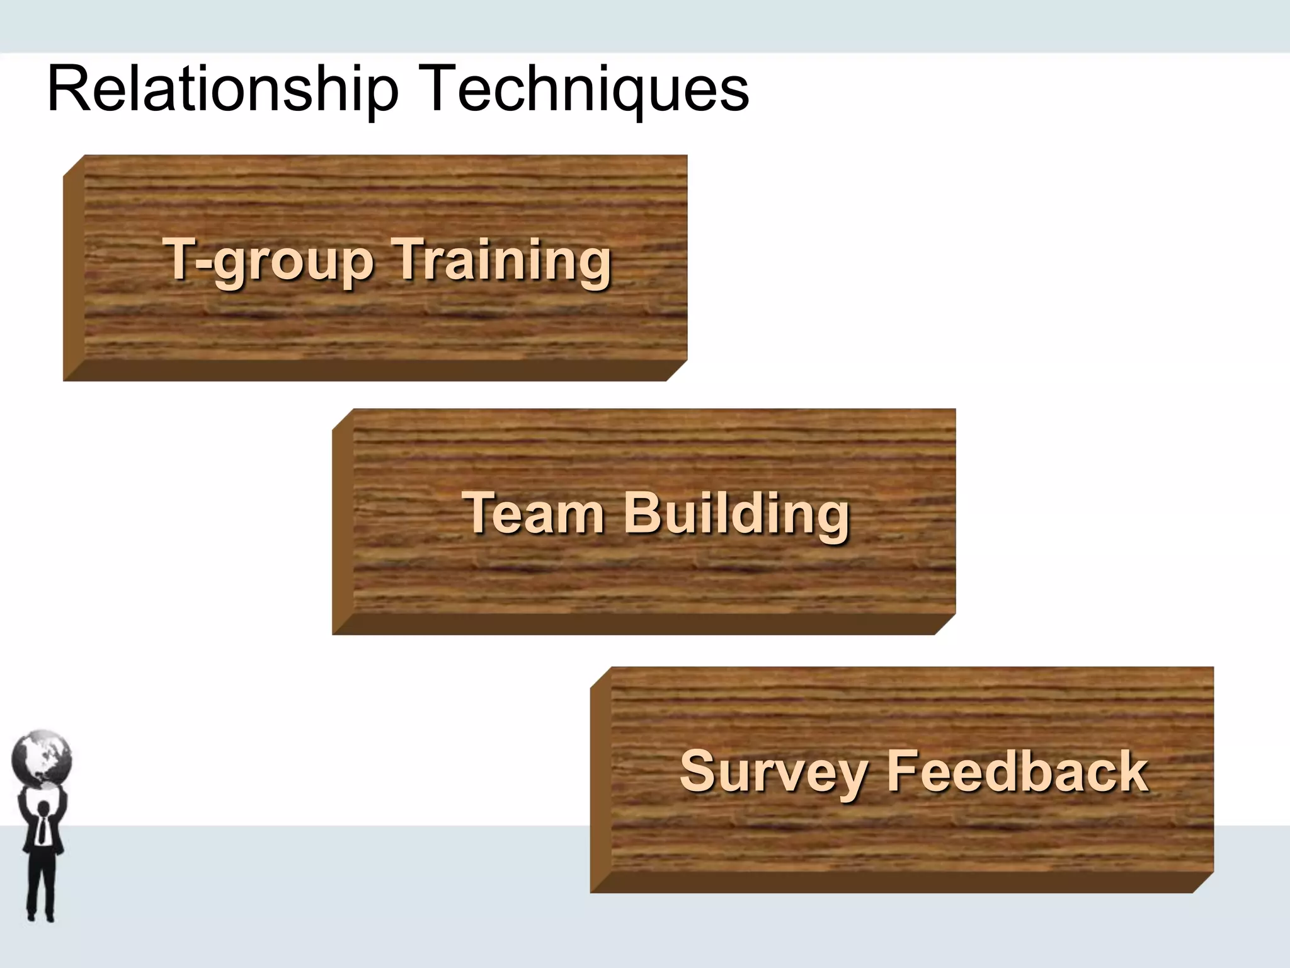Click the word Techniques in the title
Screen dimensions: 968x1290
point(588,89)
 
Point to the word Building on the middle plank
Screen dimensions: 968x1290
point(737,514)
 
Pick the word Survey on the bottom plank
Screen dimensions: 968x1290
point(774,772)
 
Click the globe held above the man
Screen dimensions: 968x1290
point(42,759)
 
